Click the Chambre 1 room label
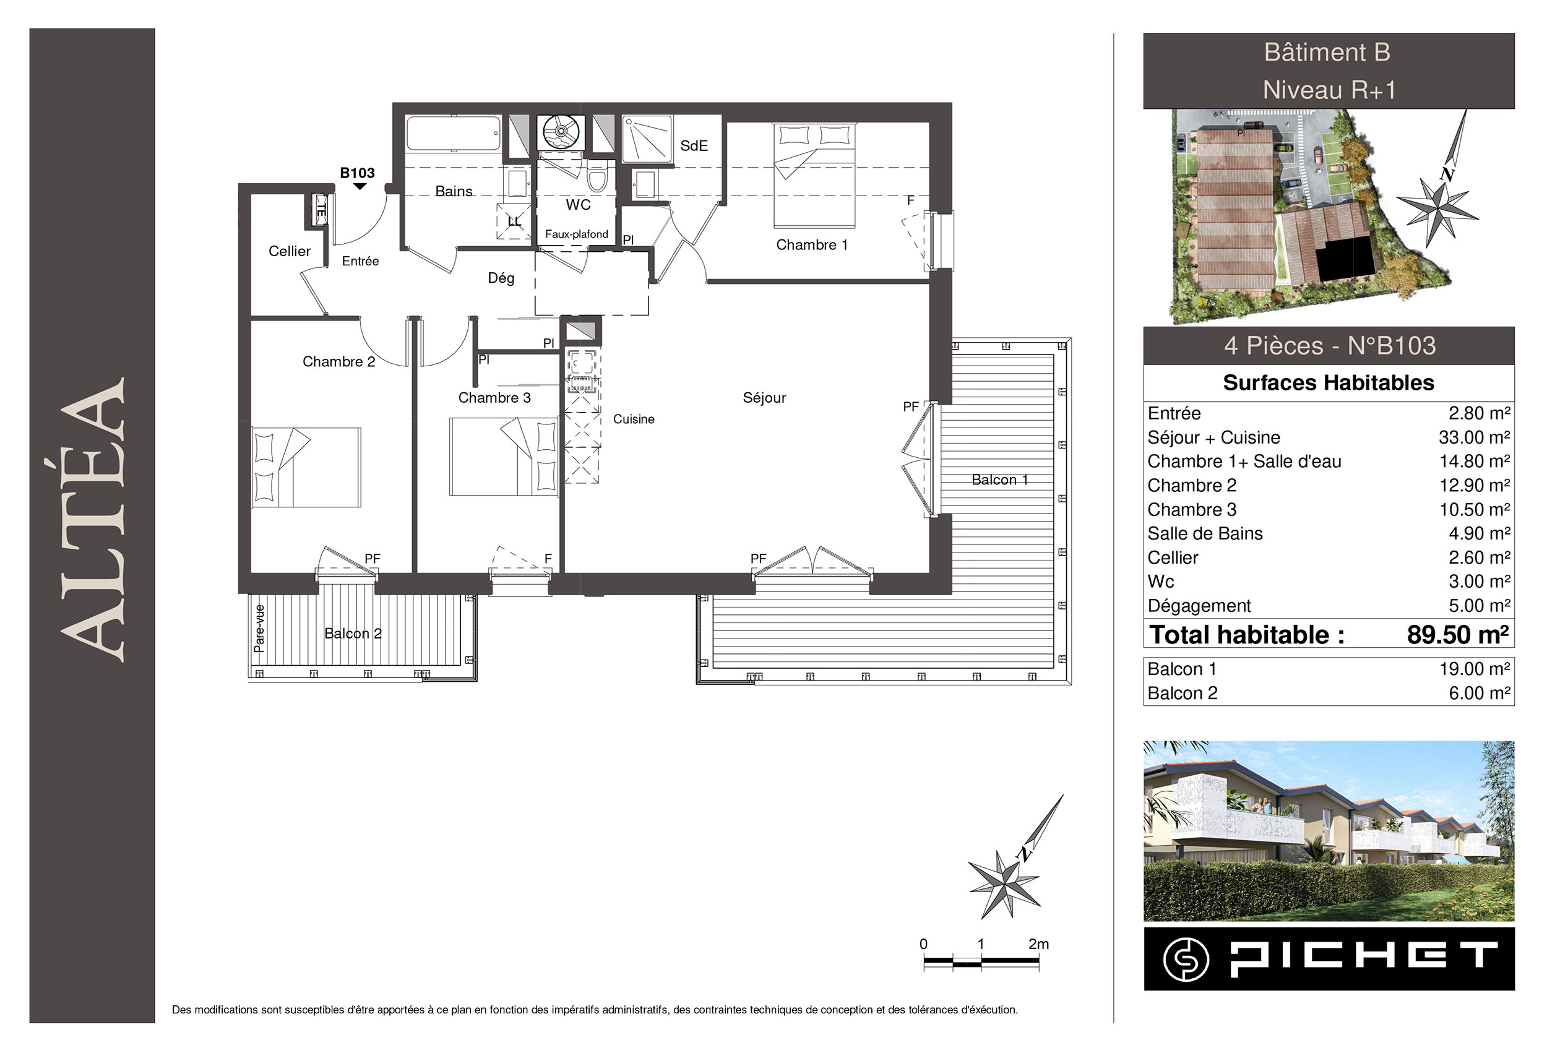tap(811, 245)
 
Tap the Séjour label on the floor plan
tap(764, 398)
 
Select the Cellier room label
tap(290, 252)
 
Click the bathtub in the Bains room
tap(454, 134)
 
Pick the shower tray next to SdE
tap(647, 139)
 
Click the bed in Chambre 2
tap(306, 467)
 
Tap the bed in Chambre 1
tap(814, 175)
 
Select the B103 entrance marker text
tap(358, 173)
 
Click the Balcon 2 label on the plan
tap(353, 634)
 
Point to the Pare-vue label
tap(259, 629)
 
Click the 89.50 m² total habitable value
tap(1458, 635)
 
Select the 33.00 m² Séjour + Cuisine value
tap(1475, 437)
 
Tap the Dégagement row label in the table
tap(1199, 606)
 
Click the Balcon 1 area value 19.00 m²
tap(1475, 669)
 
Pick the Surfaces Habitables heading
tap(1329, 383)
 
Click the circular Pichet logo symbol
tap(1186, 959)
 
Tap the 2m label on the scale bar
tap(1038, 944)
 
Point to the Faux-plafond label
tap(577, 234)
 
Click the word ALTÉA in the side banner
tap(93, 520)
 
